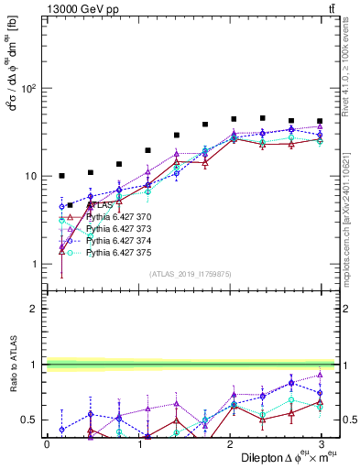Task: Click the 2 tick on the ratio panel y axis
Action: click(33, 309)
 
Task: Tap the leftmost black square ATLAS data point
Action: click(61, 175)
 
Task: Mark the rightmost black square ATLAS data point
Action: click(320, 121)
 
